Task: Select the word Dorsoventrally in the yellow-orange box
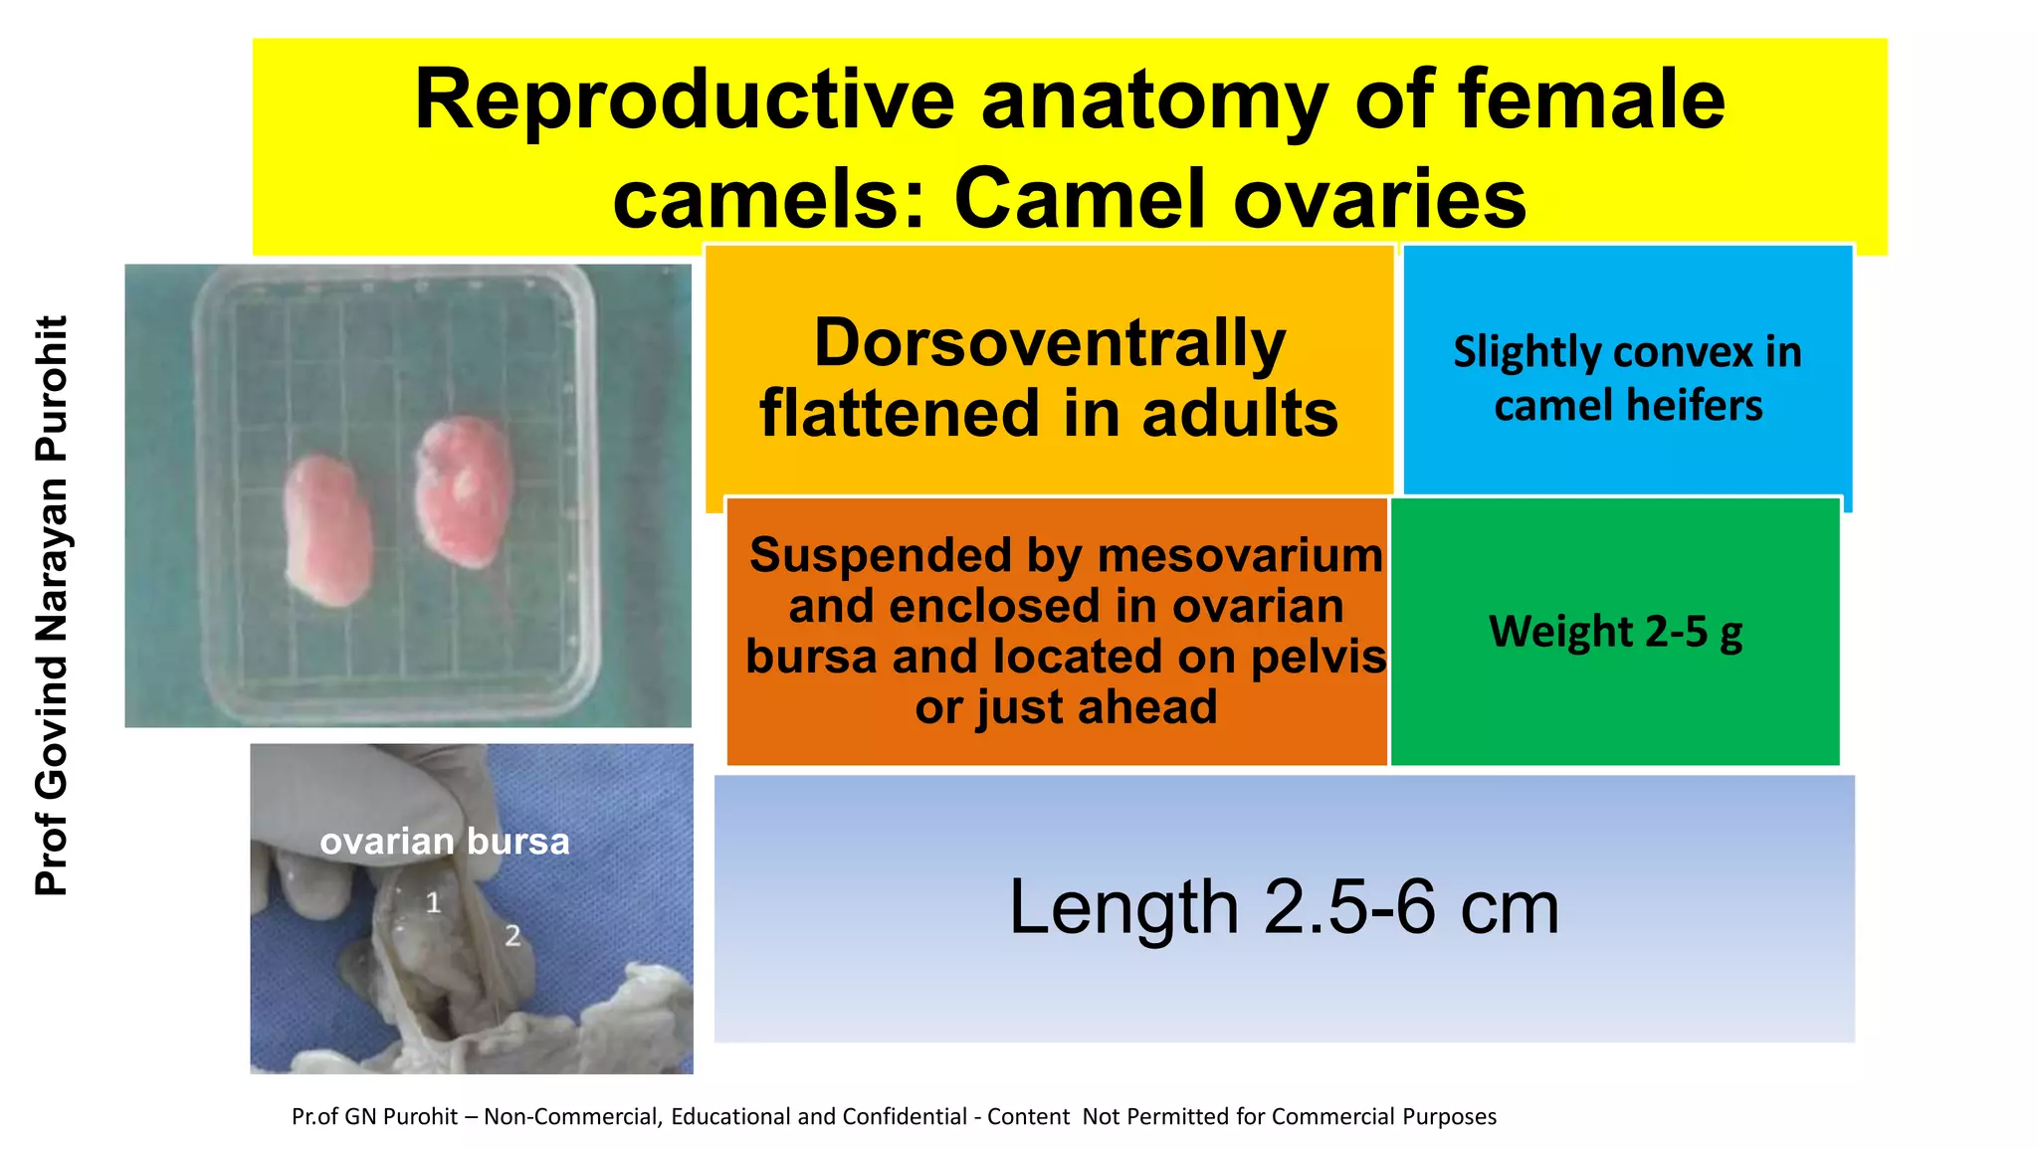pyautogui.click(x=1050, y=343)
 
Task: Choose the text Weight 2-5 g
pyautogui.click(x=1615, y=632)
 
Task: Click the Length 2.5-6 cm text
pyautogui.click(x=1284, y=907)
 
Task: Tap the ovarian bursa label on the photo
pyautogui.click(x=445, y=842)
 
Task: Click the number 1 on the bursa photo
pyautogui.click(x=433, y=902)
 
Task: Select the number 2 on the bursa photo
pyautogui.click(x=512, y=935)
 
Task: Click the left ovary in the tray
pyautogui.click(x=326, y=529)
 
